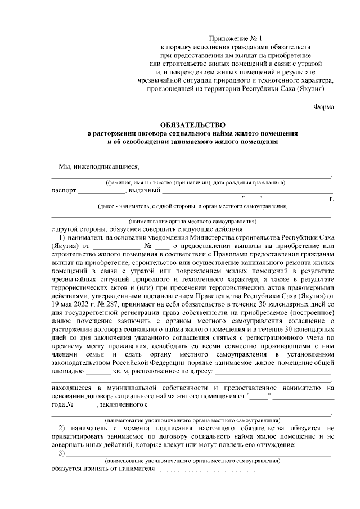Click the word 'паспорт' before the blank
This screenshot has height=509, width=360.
click(x=64, y=190)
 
